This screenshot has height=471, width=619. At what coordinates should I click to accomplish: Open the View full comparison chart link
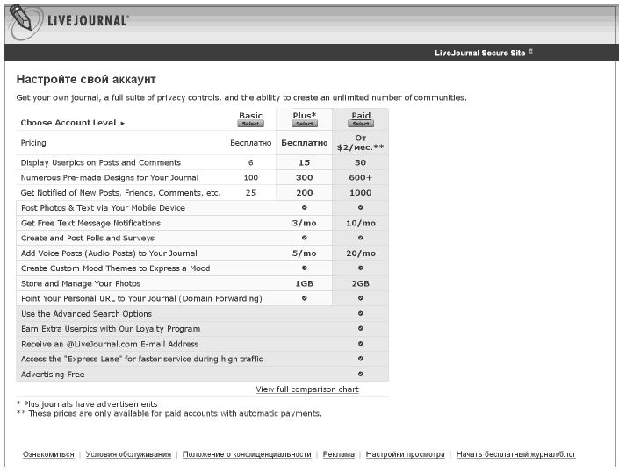coord(307,389)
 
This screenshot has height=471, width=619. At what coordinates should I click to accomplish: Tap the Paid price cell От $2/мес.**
coord(360,143)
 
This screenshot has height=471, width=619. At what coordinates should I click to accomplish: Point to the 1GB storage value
coord(304,283)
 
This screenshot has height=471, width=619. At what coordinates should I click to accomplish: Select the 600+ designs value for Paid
coord(360,177)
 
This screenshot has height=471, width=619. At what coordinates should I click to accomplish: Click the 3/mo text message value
coord(304,223)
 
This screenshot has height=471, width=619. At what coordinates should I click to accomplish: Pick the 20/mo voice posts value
coord(360,253)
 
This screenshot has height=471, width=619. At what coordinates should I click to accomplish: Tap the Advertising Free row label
coord(53,375)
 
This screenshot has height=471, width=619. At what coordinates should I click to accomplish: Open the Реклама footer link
coord(338,454)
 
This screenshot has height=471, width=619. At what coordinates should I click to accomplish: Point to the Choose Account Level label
coord(68,123)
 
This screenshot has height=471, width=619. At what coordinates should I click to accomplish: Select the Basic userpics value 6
coord(250,162)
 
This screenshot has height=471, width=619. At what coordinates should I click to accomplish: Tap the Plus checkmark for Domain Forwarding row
coord(304,298)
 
